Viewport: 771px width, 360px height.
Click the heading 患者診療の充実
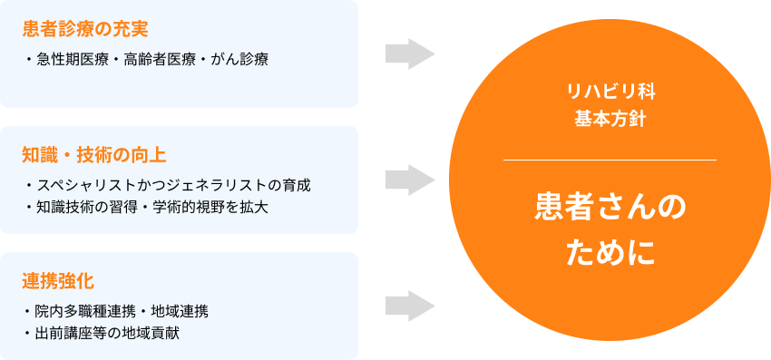pyautogui.click(x=84, y=28)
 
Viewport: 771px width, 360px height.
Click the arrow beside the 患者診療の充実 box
pyautogui.click(x=410, y=54)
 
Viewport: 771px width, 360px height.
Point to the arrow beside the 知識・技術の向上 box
pyautogui.click(x=410, y=180)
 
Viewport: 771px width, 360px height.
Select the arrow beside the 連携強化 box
pyautogui.click(x=410, y=306)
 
